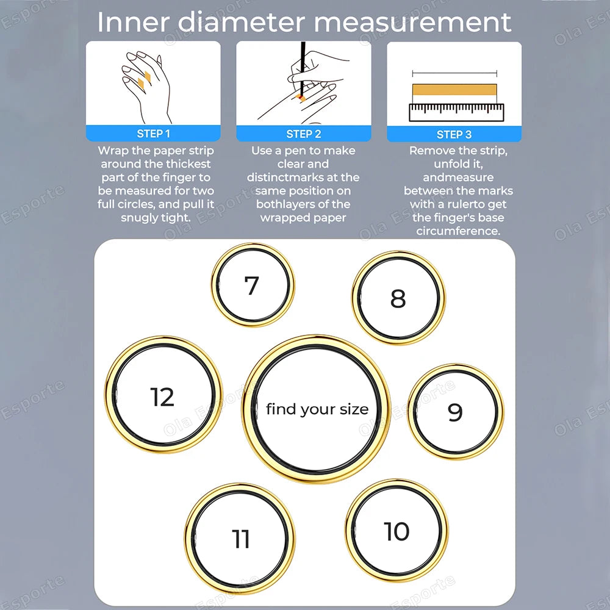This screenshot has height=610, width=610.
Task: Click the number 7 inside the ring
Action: click(251, 285)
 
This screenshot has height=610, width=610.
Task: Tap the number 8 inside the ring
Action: click(398, 298)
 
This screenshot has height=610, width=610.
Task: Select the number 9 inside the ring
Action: click(455, 412)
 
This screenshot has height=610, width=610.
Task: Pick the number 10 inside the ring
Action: click(396, 531)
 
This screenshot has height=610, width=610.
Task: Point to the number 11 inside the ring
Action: click(240, 539)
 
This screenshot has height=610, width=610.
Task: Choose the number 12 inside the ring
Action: click(162, 397)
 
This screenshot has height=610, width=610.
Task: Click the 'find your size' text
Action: click(317, 409)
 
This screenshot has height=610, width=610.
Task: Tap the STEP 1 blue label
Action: click(153, 134)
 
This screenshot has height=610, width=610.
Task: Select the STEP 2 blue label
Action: click(303, 134)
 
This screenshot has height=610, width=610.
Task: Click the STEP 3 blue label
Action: click(454, 134)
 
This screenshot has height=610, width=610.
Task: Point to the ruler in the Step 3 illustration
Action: click(456, 112)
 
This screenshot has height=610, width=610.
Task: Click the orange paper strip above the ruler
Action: click(454, 90)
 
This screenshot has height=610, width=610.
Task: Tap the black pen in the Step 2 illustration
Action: click(301, 64)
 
